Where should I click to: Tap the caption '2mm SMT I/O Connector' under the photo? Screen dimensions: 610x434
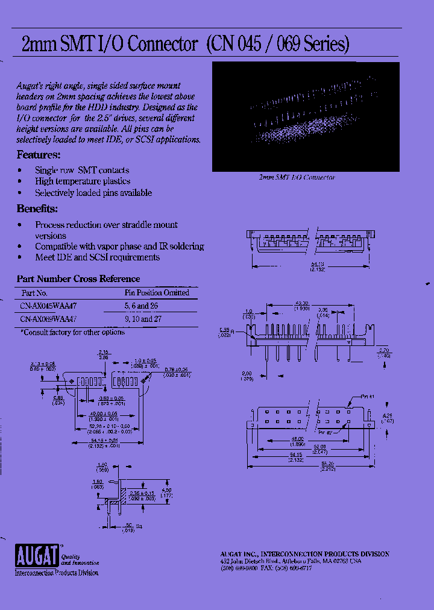[297, 178]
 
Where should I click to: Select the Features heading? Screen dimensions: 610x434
[37, 155]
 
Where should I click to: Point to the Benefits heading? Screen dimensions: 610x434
[37, 209]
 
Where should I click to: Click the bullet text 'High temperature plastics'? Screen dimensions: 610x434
[83, 181]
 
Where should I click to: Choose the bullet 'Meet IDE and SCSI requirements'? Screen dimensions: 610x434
[97, 257]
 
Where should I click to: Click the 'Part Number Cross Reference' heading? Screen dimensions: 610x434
[78, 279]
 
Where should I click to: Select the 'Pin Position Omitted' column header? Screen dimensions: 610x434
[157, 293]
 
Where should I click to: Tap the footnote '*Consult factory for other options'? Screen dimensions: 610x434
[73, 332]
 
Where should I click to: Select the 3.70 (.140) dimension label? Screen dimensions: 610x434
[384, 353]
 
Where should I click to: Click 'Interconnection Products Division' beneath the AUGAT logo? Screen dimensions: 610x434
[56, 573]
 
